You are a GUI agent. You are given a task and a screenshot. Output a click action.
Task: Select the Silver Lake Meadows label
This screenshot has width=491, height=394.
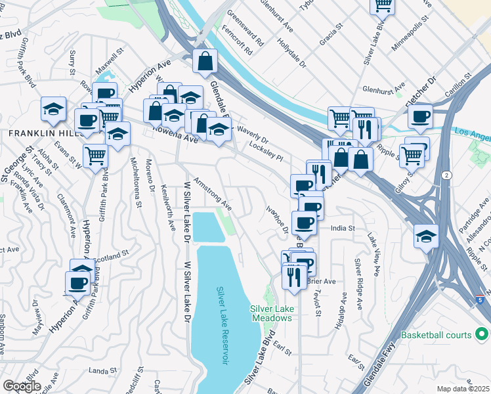point(271,313)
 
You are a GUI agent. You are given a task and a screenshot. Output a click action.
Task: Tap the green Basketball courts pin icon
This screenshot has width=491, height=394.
point(481,335)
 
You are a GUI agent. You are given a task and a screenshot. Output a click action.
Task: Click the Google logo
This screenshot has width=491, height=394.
point(22,385)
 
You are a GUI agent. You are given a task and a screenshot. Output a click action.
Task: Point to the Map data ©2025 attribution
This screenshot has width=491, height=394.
point(463,389)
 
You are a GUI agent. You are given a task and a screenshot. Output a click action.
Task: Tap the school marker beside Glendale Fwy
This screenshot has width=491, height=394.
point(426,236)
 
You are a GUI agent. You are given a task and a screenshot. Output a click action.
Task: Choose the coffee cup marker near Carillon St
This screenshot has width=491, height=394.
point(420,118)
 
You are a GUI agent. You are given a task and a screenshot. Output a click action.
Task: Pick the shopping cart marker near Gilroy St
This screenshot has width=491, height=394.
point(412,156)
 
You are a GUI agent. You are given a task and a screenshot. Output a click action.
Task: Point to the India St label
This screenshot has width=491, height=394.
point(343,228)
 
